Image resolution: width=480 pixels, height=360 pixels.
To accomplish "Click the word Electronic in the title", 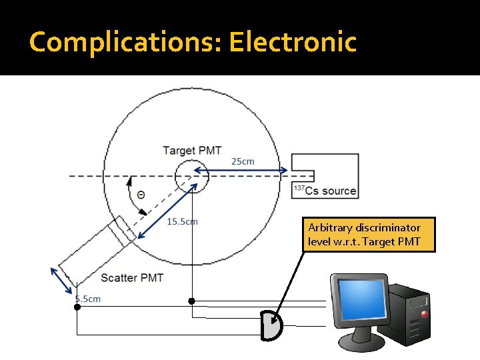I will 293,42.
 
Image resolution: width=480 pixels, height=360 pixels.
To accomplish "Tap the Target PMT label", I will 192,150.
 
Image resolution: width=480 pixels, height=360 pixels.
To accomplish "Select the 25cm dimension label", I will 243,161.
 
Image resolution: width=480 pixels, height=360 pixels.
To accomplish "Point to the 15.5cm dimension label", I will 182,221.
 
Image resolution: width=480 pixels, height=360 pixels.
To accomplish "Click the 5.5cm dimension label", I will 88,299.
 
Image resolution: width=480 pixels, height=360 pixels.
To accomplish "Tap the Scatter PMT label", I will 132,277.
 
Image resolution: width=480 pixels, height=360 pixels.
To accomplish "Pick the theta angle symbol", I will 141,195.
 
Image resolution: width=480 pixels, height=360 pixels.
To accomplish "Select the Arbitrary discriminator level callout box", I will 368,235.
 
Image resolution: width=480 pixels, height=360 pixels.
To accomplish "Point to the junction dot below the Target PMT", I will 191,301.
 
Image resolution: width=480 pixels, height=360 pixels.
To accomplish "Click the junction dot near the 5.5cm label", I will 77,307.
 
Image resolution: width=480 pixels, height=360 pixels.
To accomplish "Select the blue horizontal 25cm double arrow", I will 241,170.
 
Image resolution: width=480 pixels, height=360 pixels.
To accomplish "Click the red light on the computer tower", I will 424,311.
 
